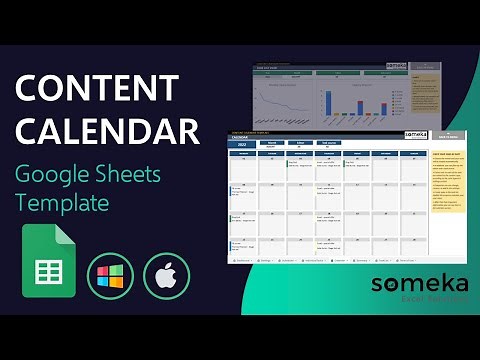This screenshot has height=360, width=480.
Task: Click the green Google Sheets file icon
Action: [x=49, y=262]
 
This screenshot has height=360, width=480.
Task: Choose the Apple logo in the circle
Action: [x=165, y=275]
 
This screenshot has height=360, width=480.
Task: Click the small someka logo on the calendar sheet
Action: [x=415, y=133]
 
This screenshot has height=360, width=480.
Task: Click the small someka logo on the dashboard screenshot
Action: [x=397, y=66]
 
